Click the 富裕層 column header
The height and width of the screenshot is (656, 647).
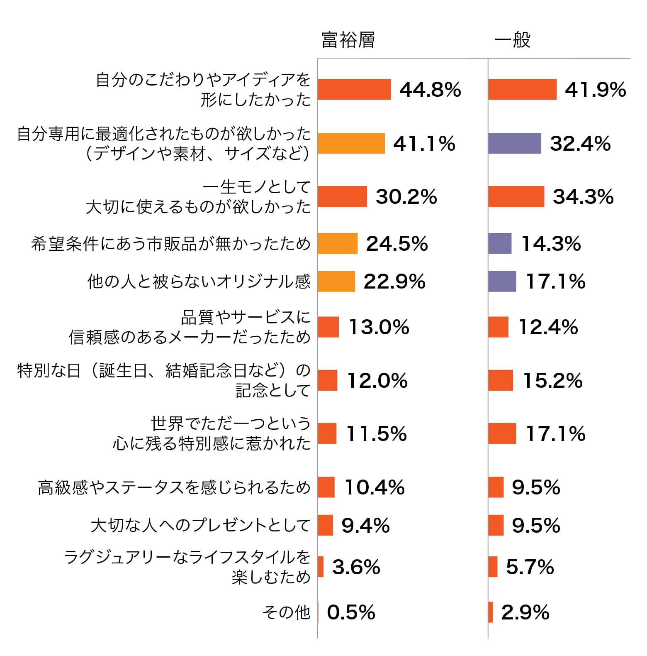[x=348, y=40]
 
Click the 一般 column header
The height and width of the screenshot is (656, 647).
[x=512, y=40]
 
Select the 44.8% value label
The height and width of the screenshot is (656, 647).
[x=430, y=90]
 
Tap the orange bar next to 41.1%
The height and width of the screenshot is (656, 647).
[x=351, y=143]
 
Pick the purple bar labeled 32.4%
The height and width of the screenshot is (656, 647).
[x=514, y=143]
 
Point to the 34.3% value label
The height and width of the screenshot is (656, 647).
[x=583, y=196]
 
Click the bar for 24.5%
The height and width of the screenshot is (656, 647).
[x=338, y=243]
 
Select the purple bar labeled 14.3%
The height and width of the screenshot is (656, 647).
[x=500, y=243]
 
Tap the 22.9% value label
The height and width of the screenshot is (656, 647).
[x=394, y=281]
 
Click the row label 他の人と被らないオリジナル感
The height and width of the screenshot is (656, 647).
[x=199, y=281]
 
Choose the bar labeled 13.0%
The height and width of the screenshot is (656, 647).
[x=328, y=327]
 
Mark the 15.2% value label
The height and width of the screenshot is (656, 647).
[x=553, y=380]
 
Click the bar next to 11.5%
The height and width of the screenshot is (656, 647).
[x=327, y=433]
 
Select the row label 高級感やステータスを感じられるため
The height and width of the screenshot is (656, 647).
[x=174, y=487]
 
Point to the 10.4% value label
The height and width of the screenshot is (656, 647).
[x=375, y=487]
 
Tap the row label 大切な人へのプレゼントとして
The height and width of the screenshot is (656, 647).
[x=200, y=525]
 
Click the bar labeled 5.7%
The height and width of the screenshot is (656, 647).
[x=493, y=567]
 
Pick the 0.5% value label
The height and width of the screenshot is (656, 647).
[x=351, y=612]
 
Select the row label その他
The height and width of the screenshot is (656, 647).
[x=286, y=612]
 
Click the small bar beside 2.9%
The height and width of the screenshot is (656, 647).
[x=491, y=612]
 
